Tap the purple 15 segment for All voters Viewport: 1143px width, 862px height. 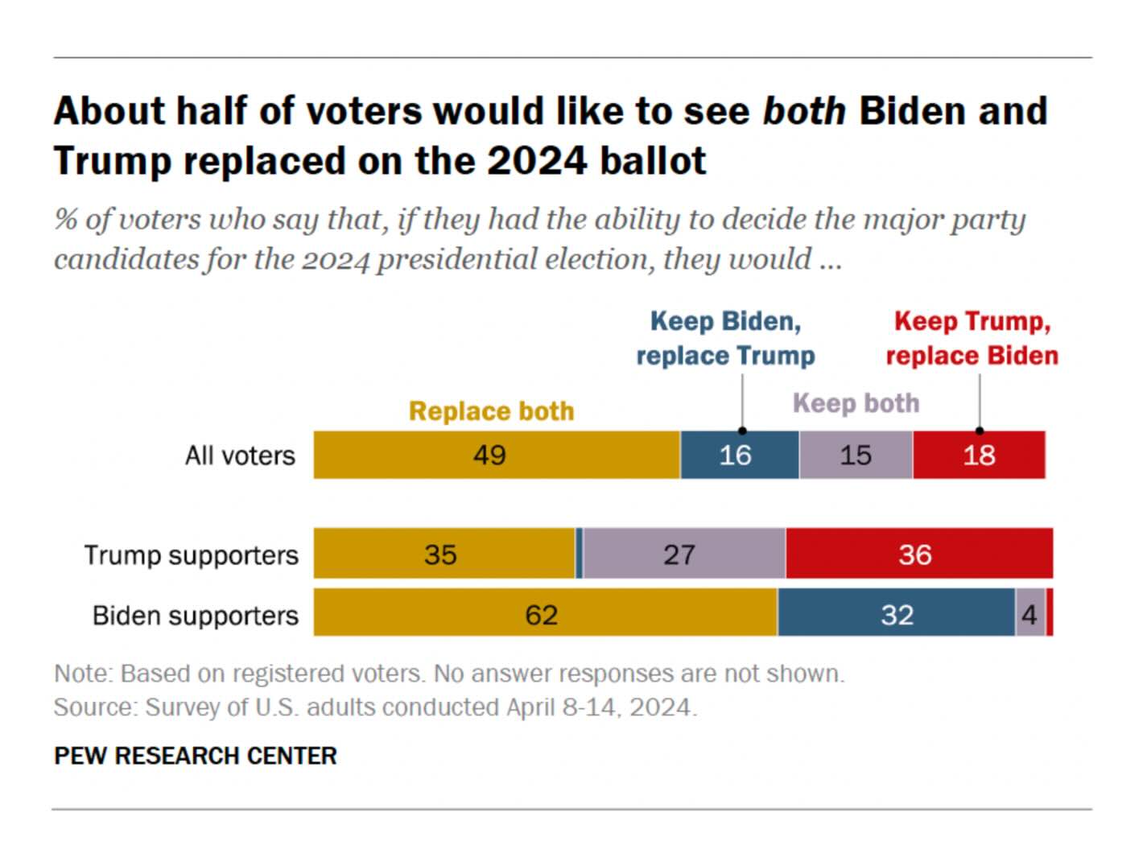[x=856, y=455]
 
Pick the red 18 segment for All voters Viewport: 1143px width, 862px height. [x=979, y=455]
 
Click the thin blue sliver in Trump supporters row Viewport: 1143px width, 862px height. [x=580, y=554]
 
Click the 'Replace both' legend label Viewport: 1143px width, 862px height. [x=491, y=411]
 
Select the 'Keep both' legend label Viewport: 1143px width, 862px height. [x=856, y=402]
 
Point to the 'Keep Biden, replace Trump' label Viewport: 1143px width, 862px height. [x=725, y=339]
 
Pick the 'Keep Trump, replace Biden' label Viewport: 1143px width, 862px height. [x=972, y=339]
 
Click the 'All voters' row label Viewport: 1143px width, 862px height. [x=240, y=456]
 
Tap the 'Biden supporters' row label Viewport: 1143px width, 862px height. [x=195, y=615]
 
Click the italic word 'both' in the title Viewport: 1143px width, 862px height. [x=803, y=111]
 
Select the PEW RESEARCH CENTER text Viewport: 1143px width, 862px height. [x=196, y=756]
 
